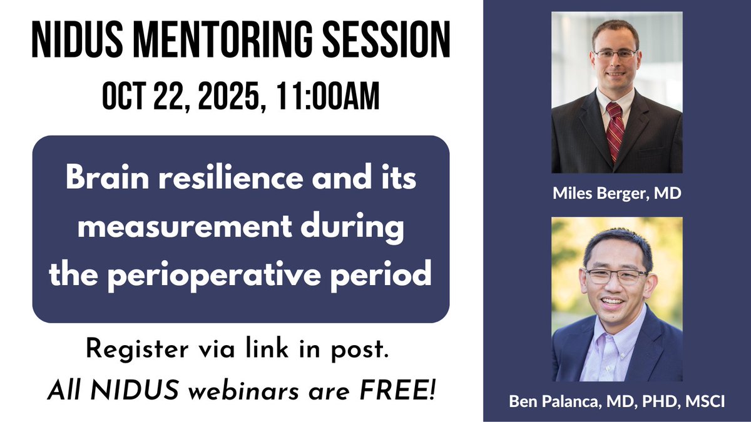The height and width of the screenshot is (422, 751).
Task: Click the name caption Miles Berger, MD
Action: [x=616, y=195]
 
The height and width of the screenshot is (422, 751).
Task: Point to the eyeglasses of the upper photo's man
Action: [x=616, y=54]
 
